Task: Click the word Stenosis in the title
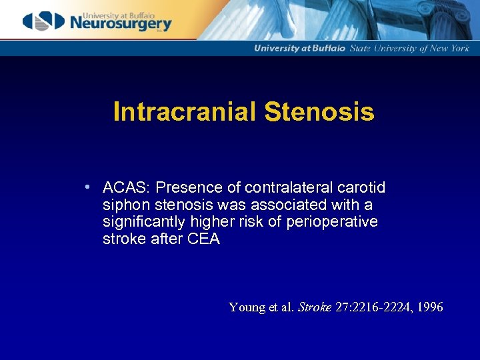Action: point(319,112)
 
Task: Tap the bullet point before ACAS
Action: point(88,187)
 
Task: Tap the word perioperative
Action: point(332,222)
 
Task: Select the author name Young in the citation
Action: point(247,307)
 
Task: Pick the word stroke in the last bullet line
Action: point(123,239)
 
